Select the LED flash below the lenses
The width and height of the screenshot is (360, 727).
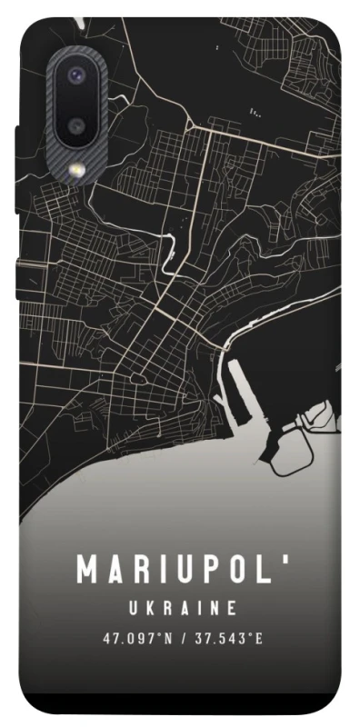tap(77, 168)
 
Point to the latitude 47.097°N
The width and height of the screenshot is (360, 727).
tap(137, 638)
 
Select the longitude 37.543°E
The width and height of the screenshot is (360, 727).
tap(226, 638)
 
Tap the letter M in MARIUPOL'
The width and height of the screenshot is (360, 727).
tap(88, 570)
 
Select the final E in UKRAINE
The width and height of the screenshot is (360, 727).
tap(233, 608)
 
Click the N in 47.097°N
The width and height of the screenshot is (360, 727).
tap(167, 638)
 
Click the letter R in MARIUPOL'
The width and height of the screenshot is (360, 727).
tap(140, 570)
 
